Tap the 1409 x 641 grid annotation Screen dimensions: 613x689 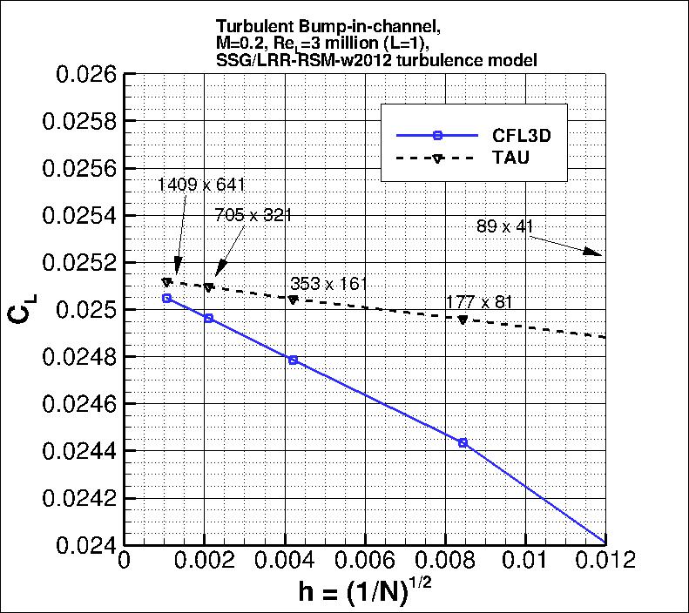click(202, 185)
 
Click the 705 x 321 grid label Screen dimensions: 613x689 click(253, 215)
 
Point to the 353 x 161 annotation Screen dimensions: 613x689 click(328, 284)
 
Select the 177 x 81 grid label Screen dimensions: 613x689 click(479, 302)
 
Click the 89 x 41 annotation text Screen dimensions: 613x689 click(504, 226)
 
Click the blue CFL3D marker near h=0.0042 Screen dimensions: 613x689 click(293, 360)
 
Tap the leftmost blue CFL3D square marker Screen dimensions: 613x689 click(167, 299)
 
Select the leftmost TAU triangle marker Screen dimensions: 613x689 click(167, 282)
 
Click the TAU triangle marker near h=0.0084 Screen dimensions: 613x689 click(463, 320)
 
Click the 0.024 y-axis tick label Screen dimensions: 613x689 click(86, 544)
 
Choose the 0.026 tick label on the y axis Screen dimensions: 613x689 click(86, 75)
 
